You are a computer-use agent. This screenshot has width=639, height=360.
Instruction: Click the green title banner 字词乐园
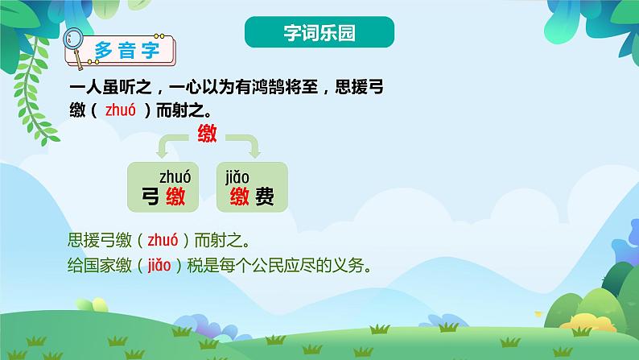tap(319, 33)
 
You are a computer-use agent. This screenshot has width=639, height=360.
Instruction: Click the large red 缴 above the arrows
tap(208, 134)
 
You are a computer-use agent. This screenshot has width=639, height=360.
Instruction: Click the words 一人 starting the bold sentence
tap(86, 88)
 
